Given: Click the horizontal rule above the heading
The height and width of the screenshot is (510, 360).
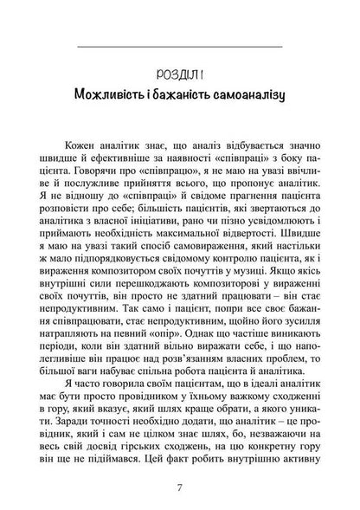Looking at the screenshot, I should [179, 44].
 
